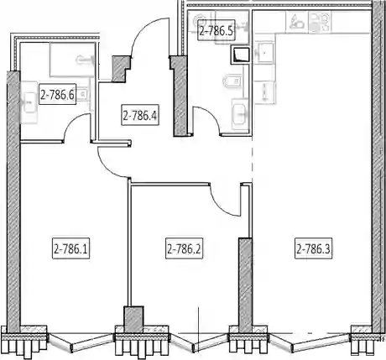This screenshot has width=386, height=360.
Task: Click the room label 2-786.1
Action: (71, 248)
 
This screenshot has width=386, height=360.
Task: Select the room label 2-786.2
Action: (184, 248)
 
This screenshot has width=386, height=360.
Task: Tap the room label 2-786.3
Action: (314, 248)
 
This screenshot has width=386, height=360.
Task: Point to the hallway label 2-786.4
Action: (140, 115)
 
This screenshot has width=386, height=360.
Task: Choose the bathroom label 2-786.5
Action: (216, 30)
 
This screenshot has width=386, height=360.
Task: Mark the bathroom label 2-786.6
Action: (58, 95)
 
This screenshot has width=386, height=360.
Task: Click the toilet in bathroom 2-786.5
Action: (232, 81)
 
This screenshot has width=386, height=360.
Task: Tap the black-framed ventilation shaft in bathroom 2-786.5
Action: (240, 55)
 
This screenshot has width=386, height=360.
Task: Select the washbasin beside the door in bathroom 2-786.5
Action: (240, 114)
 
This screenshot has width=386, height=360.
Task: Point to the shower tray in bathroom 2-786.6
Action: (72, 60)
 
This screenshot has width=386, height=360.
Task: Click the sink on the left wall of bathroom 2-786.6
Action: (29, 102)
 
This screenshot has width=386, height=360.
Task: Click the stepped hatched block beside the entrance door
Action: (121, 69)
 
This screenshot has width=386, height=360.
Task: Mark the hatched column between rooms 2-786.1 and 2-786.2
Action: (133, 319)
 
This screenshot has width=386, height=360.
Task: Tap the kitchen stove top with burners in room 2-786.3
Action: (320, 21)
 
